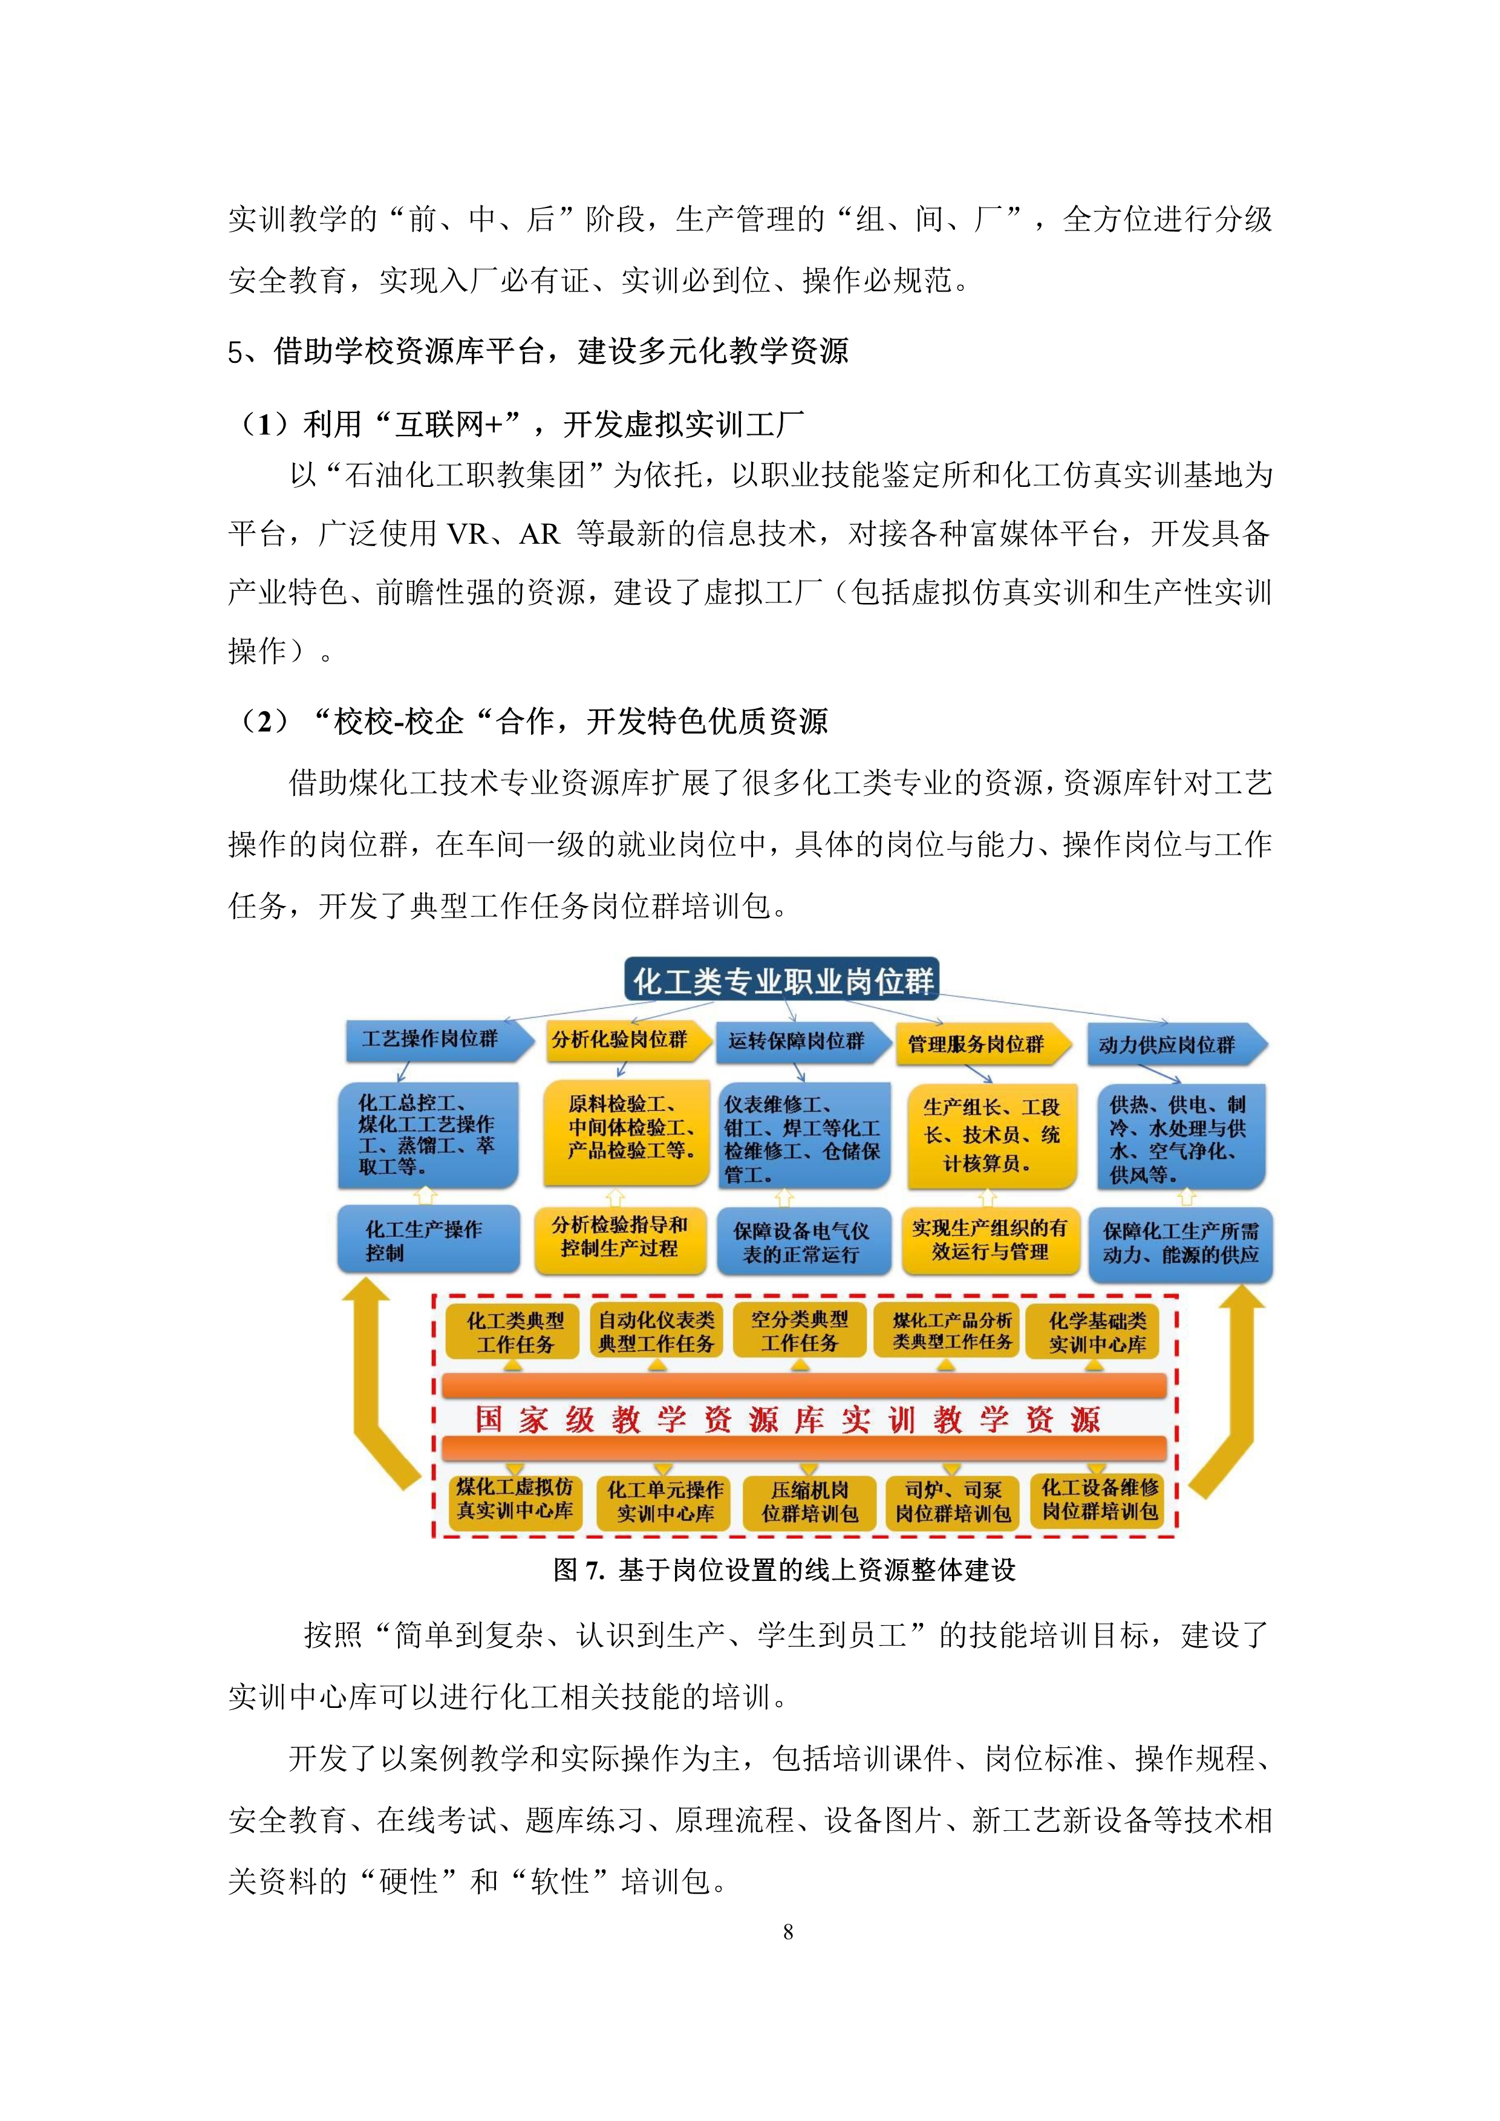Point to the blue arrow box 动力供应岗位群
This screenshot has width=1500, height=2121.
click(x=1177, y=1045)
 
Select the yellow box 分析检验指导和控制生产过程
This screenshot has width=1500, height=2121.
click(x=620, y=1240)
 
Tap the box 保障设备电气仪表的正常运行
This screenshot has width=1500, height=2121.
click(x=804, y=1242)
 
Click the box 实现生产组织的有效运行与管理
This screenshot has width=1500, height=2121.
click(x=990, y=1240)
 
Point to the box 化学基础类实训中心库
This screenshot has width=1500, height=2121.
click(x=1097, y=1332)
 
